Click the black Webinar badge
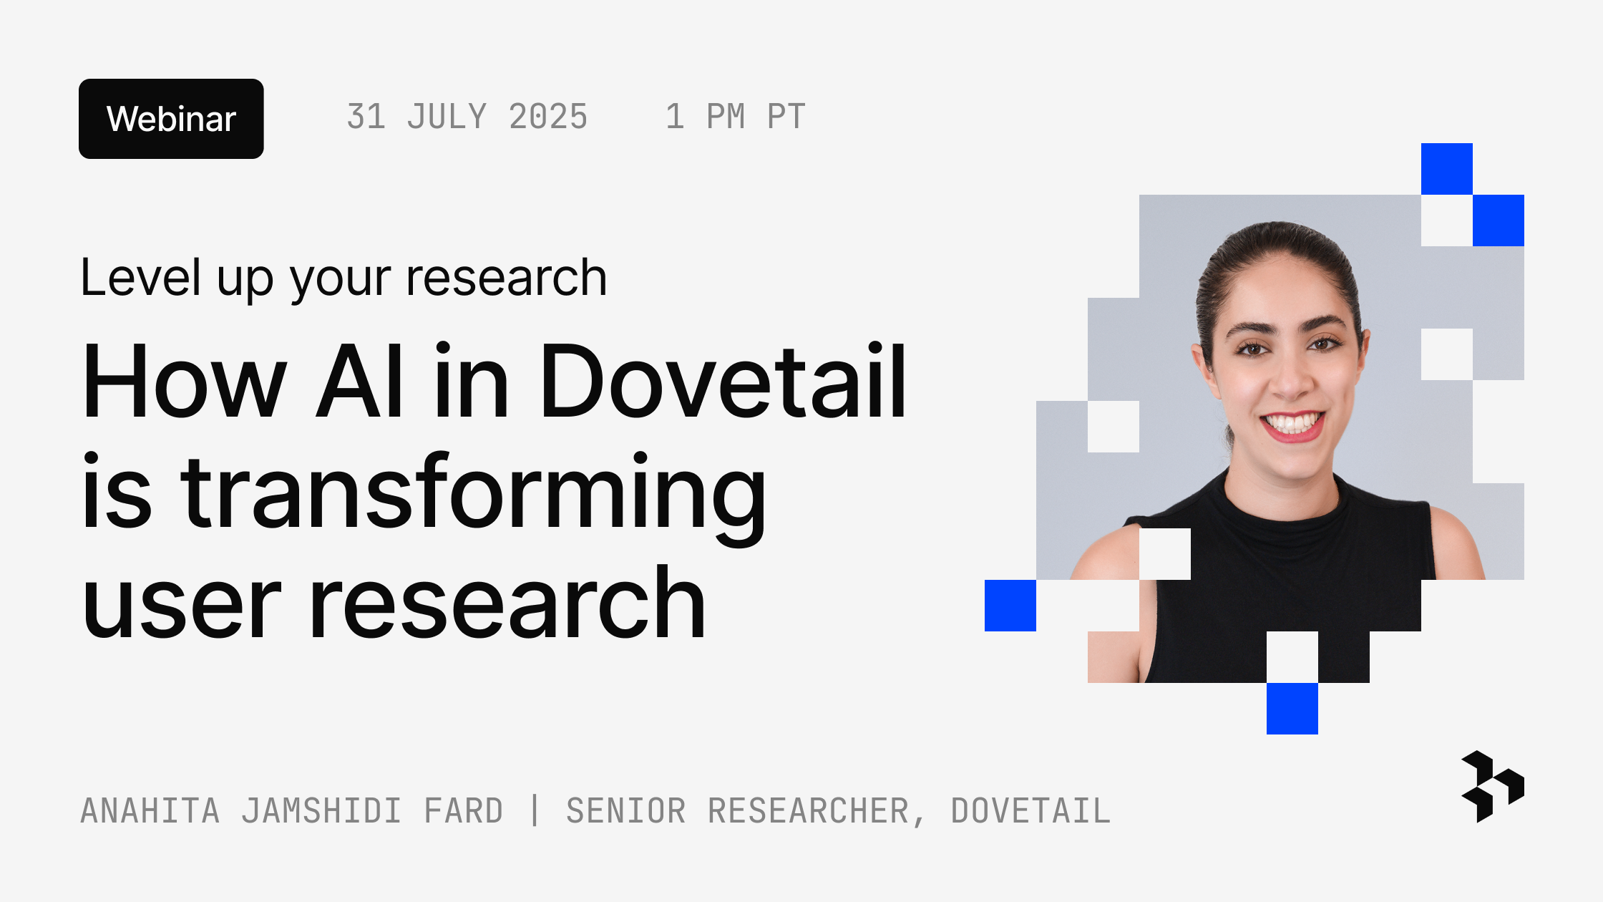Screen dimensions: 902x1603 point(171,119)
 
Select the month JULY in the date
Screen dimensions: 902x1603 point(447,117)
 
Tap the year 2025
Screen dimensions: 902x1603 point(548,117)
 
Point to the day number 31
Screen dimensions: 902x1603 point(366,117)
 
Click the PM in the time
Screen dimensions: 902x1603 point(726,117)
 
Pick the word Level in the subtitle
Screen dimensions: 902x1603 point(140,278)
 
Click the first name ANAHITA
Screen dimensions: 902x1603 point(150,811)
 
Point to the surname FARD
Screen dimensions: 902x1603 point(464,811)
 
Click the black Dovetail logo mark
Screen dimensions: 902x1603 point(1492,786)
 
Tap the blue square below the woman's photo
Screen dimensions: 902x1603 point(1292,709)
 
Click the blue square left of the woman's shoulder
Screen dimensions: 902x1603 point(1010,606)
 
